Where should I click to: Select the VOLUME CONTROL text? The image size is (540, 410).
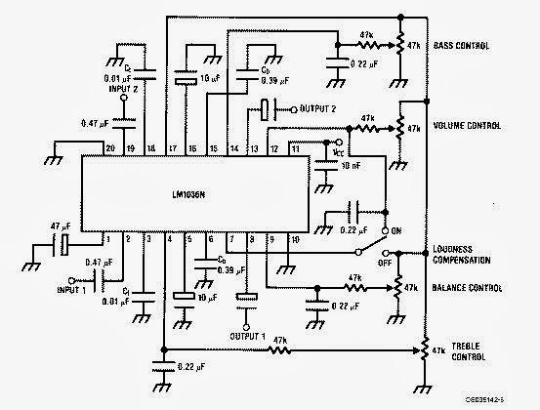coord(469,126)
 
